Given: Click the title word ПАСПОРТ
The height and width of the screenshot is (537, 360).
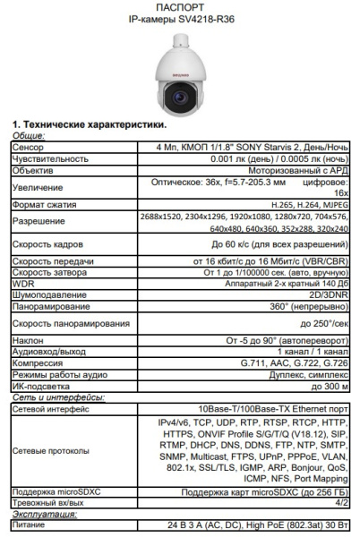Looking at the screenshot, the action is point(179,8).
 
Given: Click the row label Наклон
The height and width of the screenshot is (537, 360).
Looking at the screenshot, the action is point(27,340).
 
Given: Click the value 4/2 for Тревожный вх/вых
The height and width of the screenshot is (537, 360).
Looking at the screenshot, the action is point(341,504).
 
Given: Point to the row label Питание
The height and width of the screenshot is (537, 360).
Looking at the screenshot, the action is point(30,526).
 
